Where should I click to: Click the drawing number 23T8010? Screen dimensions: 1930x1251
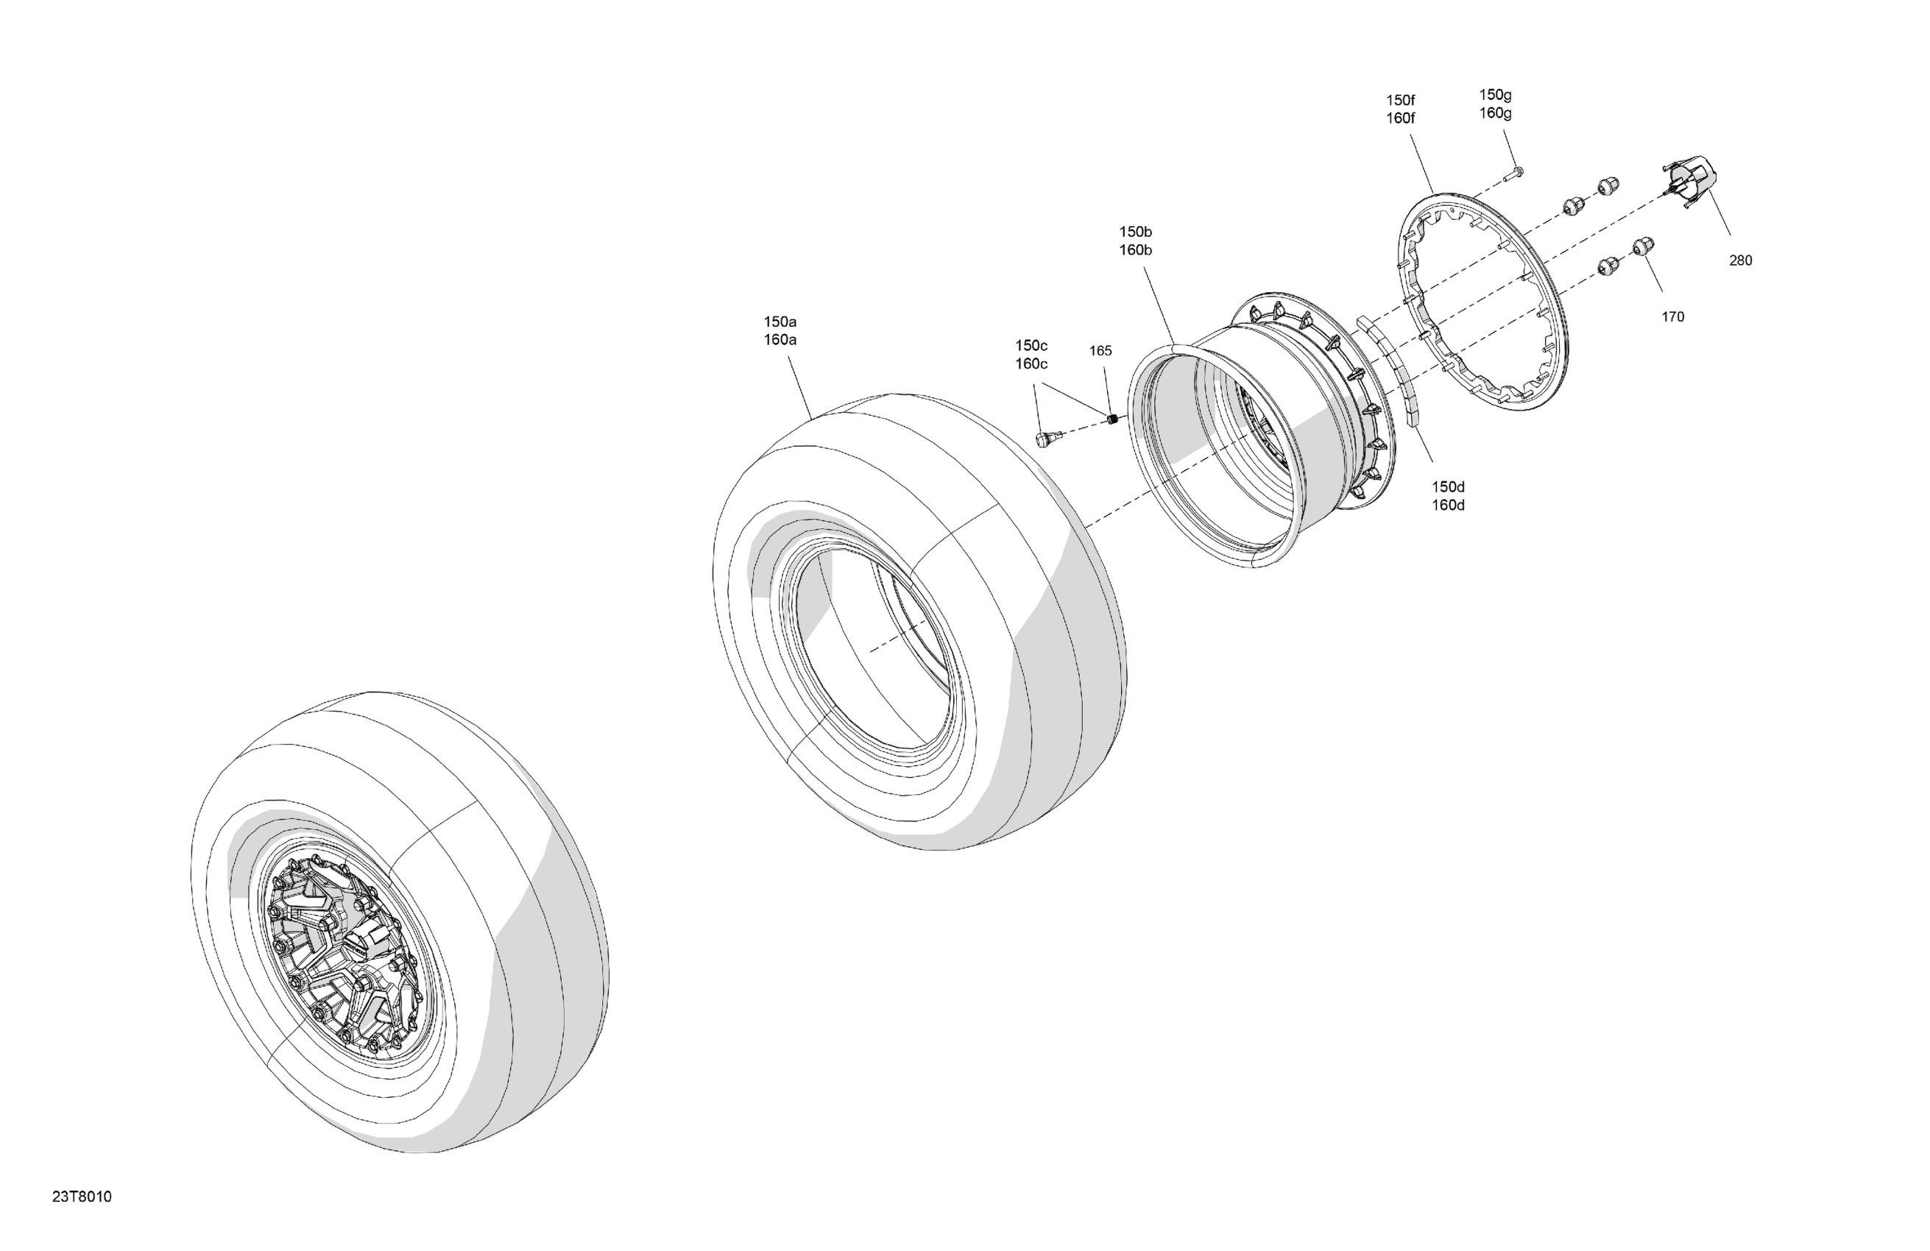point(82,1197)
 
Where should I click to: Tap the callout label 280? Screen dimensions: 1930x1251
point(1740,261)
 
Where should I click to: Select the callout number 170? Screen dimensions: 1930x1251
point(1673,317)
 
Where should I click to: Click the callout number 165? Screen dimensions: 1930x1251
point(1100,351)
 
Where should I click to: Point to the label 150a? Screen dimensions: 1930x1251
point(780,322)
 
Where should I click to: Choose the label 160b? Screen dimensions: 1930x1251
point(1135,250)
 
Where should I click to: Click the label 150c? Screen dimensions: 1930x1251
point(1031,346)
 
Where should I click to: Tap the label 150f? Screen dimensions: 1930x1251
point(1401,101)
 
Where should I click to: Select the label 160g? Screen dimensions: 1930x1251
point(1495,113)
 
